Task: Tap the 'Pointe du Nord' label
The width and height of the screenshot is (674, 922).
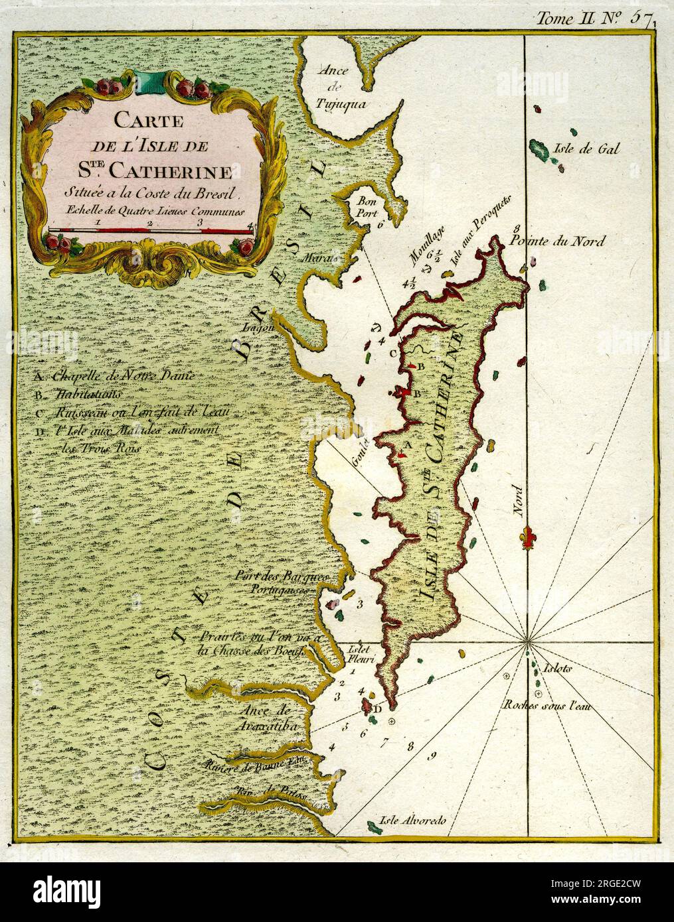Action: click(x=557, y=241)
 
